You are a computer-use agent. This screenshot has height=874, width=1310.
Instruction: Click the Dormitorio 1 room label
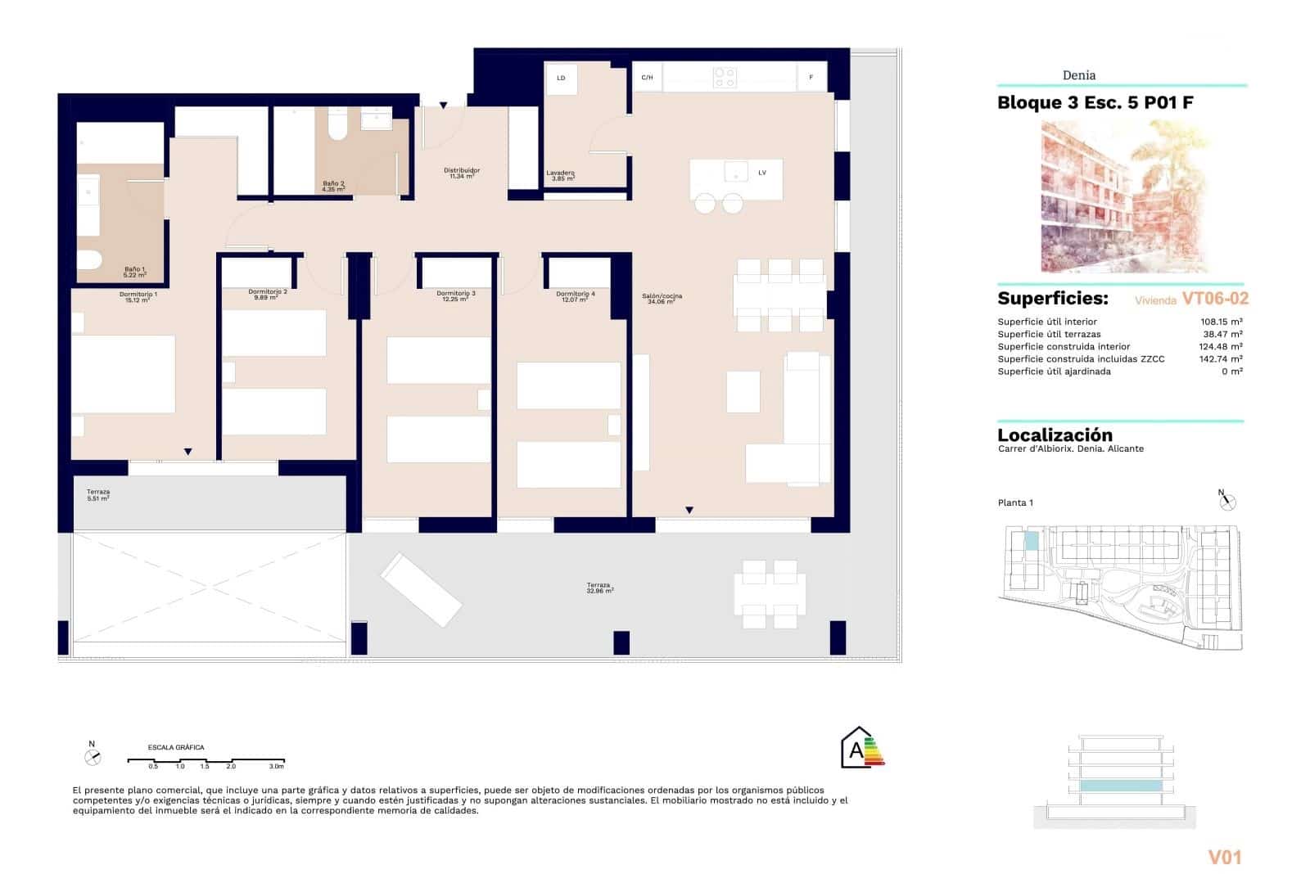138,297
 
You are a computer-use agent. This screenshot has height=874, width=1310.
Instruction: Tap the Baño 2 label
333,187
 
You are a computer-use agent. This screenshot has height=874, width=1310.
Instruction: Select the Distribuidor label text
462,173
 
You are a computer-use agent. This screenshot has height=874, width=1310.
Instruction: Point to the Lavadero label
560,175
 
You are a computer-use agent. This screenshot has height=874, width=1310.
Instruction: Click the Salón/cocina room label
663,299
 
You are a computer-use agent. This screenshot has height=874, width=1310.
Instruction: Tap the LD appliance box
562,79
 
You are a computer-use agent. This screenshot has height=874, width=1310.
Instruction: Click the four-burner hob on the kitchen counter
724,78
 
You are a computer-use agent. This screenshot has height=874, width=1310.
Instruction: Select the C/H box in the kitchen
647,78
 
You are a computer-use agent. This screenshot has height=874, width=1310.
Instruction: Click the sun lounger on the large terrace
421,589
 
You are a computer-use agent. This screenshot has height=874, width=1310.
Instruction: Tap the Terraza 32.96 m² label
599,588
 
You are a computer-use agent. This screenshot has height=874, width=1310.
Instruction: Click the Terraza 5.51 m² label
98,494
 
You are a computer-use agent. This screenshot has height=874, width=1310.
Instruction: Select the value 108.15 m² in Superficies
1221,322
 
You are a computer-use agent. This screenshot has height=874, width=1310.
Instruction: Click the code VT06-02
1215,300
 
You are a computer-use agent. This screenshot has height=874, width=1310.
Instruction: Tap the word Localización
1055,435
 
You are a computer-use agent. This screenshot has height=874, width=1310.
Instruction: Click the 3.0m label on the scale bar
277,767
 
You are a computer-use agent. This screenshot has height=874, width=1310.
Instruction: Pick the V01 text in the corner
1225,857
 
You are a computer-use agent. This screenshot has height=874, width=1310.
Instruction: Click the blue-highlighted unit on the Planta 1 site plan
1032,541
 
